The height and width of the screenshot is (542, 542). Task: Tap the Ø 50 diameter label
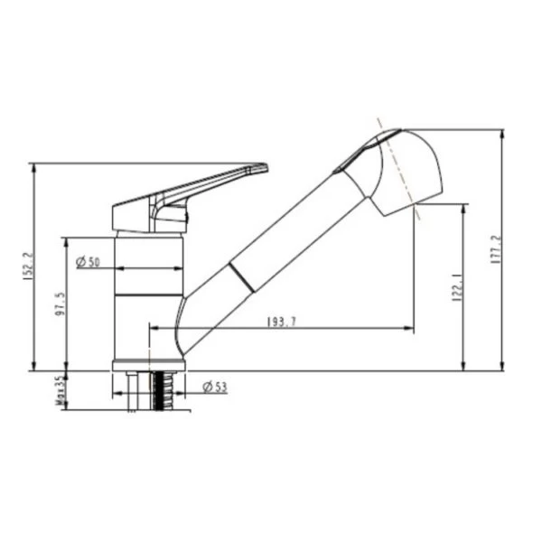click(x=88, y=262)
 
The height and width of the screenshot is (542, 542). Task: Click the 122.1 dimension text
click(x=457, y=287)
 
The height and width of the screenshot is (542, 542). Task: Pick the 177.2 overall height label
click(x=496, y=250)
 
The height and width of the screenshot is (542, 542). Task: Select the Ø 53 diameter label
click(x=214, y=388)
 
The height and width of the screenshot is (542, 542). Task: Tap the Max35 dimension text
click(x=60, y=390)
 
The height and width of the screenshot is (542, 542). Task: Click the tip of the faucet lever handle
click(x=263, y=167)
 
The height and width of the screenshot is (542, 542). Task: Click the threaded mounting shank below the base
click(x=164, y=390)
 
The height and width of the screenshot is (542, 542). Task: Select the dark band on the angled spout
click(x=241, y=277)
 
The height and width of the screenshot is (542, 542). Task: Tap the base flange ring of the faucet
click(x=148, y=365)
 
